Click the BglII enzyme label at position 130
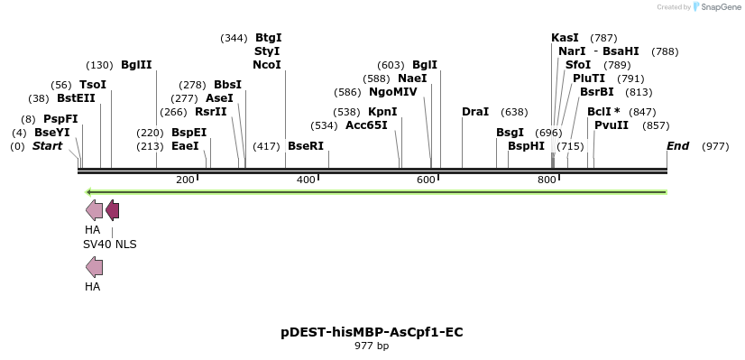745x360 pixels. pyautogui.click(x=136, y=65)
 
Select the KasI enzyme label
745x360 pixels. pyautogui.click(x=565, y=38)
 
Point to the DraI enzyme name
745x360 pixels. pyautogui.click(x=475, y=112)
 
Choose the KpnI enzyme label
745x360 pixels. pyautogui.click(x=382, y=112)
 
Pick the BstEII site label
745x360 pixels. pyautogui.click(x=76, y=98)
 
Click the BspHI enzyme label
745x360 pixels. pyautogui.click(x=526, y=146)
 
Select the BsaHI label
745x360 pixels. pyautogui.click(x=621, y=51)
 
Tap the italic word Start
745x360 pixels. pyautogui.click(x=48, y=146)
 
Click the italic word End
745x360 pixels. pyautogui.click(x=677, y=146)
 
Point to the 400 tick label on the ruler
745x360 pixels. pyautogui.click(x=306, y=180)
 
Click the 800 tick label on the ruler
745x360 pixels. pyautogui.click(x=547, y=180)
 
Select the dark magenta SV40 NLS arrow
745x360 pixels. pyautogui.click(x=112, y=211)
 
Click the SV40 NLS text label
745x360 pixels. pyautogui.click(x=110, y=245)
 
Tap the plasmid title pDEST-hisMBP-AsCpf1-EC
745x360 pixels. pyautogui.click(x=372, y=332)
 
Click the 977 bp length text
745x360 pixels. pyautogui.click(x=372, y=346)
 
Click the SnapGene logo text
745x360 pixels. pyautogui.click(x=718, y=7)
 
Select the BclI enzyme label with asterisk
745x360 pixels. pyautogui.click(x=603, y=112)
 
